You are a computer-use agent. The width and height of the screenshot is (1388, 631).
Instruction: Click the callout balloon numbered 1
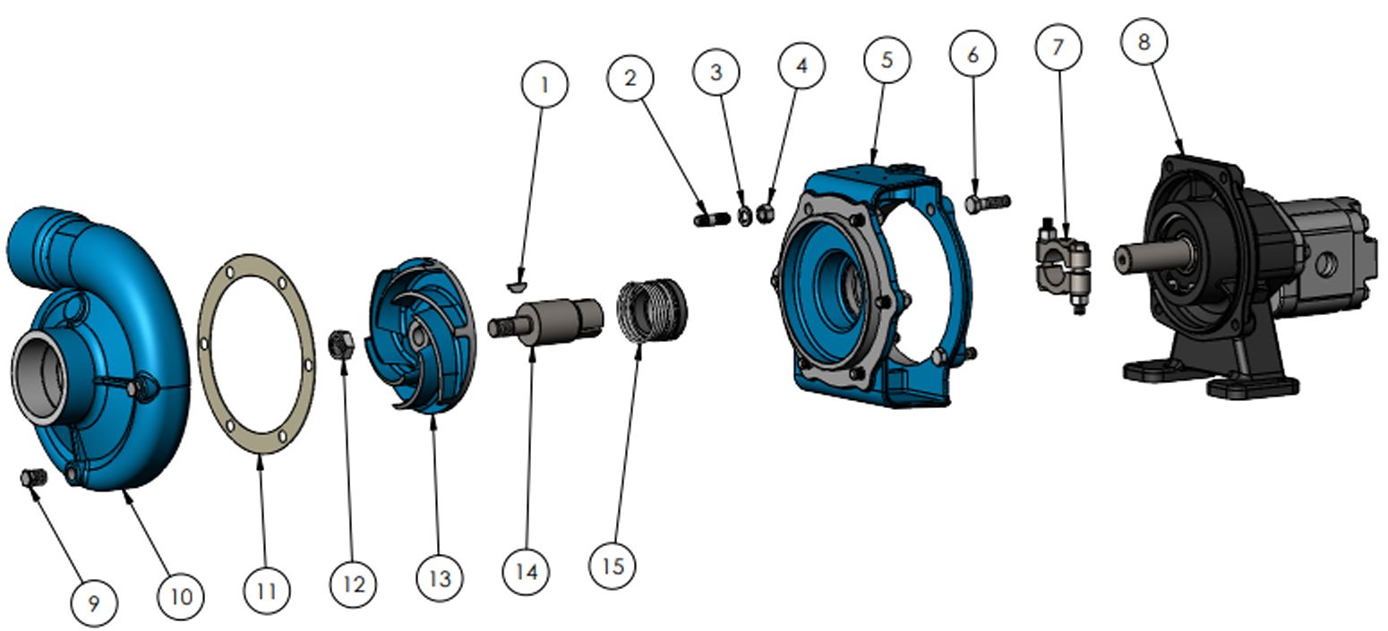[x=544, y=84]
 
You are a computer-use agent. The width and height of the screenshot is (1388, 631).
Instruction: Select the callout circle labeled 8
[x=1144, y=42]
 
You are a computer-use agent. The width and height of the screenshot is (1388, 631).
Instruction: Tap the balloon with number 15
[x=613, y=566]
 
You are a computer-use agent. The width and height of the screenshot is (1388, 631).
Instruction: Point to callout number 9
[x=93, y=603]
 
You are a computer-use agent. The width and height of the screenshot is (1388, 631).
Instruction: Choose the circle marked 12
[x=353, y=584]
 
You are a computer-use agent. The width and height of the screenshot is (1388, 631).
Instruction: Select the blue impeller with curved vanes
[x=421, y=335]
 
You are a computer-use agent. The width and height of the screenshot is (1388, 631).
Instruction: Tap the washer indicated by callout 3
[x=745, y=216]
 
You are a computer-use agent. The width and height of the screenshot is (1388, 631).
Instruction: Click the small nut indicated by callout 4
[x=766, y=213]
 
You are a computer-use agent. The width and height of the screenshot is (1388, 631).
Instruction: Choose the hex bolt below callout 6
[x=988, y=203]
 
